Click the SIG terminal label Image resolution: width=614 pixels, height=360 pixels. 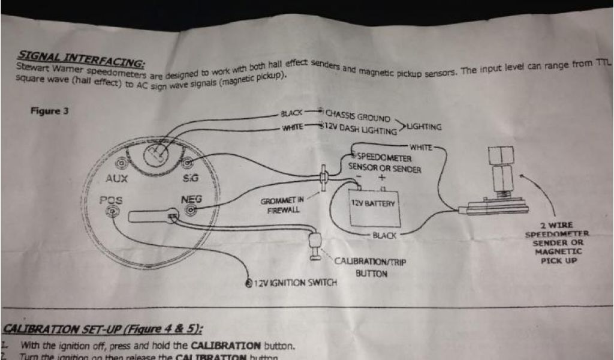[190, 178]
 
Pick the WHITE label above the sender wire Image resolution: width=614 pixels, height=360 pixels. [422, 147]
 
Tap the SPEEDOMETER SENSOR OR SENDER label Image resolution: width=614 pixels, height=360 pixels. [384, 163]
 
